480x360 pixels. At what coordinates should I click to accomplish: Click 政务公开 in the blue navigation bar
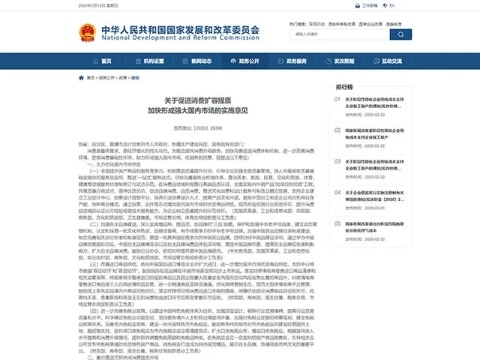tap(243, 60)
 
